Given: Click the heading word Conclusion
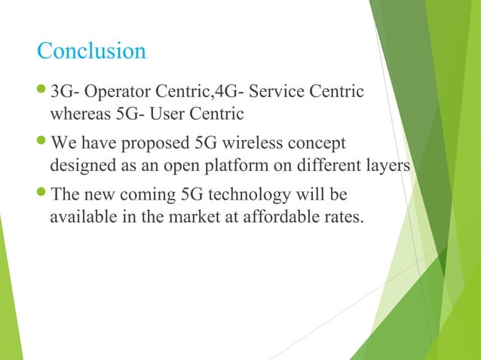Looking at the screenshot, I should (x=91, y=51).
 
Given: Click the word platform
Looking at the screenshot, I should (x=240, y=164).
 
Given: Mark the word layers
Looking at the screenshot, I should (x=385, y=164).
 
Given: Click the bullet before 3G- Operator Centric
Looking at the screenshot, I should (x=41, y=94).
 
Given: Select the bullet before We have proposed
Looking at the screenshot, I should (x=41, y=143).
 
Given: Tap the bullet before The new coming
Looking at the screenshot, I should (x=41, y=194).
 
